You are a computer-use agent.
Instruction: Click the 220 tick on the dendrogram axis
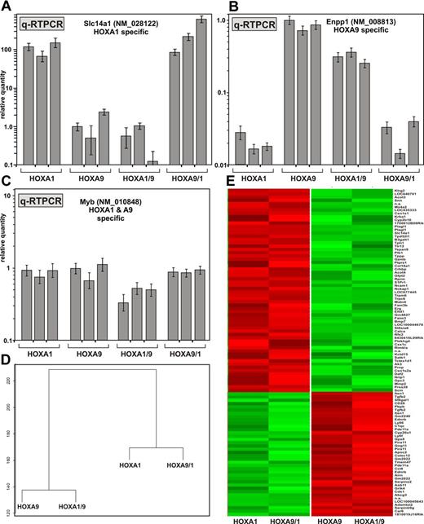tap(8, 380)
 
